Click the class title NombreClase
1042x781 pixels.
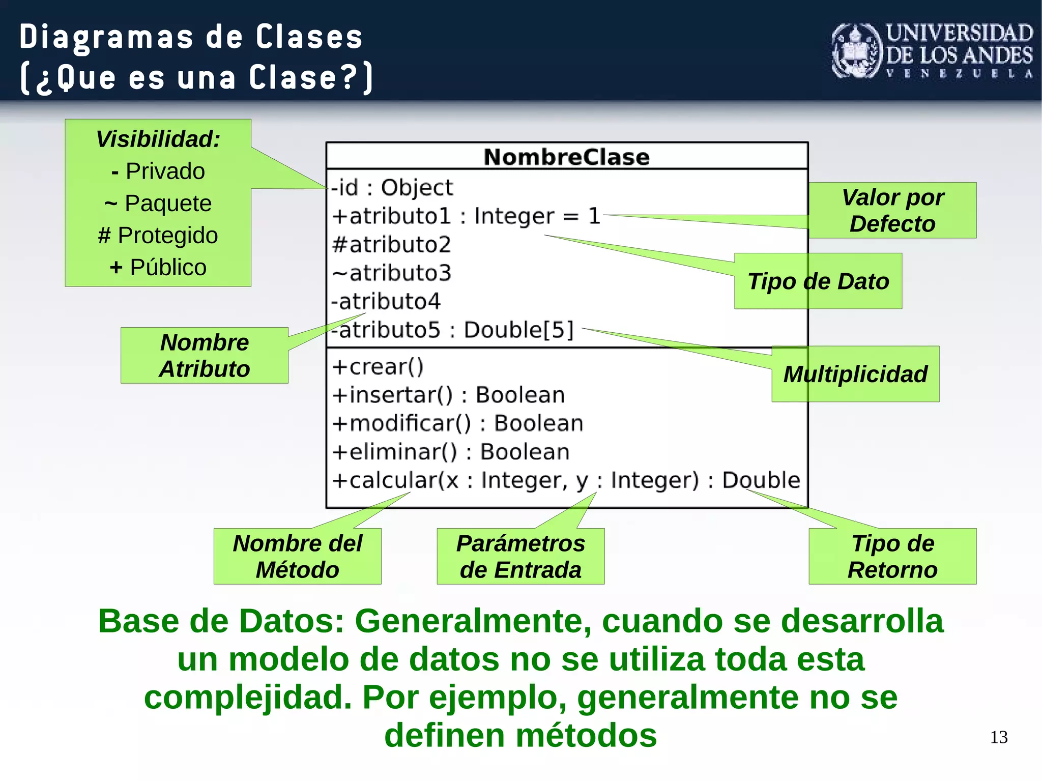(x=566, y=157)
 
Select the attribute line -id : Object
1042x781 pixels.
(x=391, y=188)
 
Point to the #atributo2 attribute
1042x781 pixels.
(x=391, y=245)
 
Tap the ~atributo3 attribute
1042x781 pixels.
(x=391, y=273)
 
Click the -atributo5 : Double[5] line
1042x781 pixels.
(x=453, y=330)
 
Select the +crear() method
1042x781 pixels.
(x=378, y=367)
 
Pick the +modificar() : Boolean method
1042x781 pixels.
(x=457, y=424)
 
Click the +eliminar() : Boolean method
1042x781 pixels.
(x=450, y=452)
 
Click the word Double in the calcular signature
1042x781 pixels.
(x=761, y=480)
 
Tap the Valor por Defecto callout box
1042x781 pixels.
(x=892, y=211)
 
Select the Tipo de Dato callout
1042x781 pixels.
(x=818, y=281)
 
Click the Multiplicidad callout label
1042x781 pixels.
(x=855, y=374)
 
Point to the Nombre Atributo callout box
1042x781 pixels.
(x=204, y=356)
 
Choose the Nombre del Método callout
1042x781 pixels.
(x=297, y=556)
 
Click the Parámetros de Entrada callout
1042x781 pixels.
(x=520, y=556)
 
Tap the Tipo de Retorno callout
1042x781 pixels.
(x=892, y=556)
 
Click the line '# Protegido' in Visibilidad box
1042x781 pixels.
(x=158, y=236)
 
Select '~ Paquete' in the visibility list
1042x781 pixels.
(x=158, y=204)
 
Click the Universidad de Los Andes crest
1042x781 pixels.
(x=856, y=51)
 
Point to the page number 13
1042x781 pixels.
(x=998, y=737)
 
